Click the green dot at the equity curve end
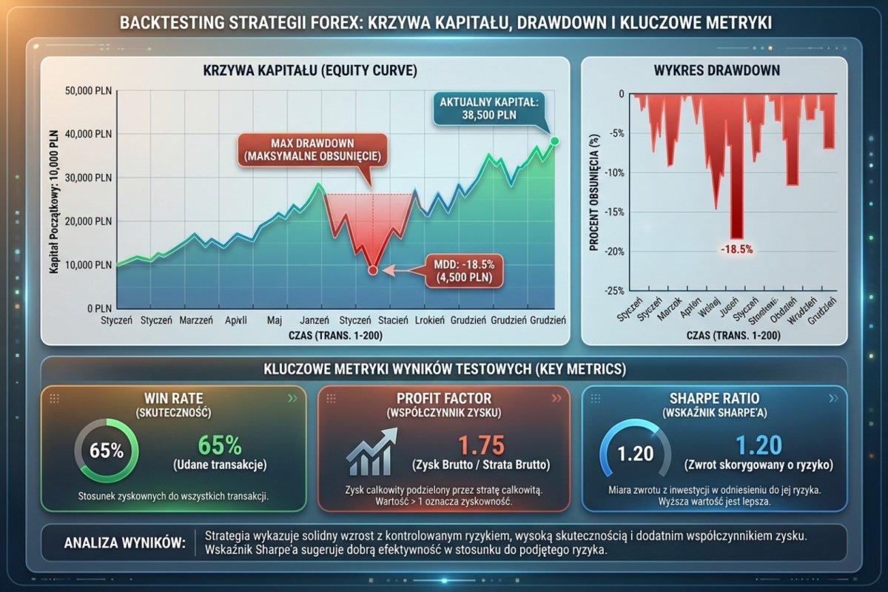pyautogui.click(x=555, y=141)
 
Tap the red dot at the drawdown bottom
pyautogui.click(x=372, y=271)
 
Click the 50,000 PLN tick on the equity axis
pyautogui.click(x=87, y=91)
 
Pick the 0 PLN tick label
pyautogui.click(x=96, y=308)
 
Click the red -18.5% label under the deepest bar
pyautogui.click(x=736, y=249)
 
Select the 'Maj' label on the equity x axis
pyautogui.click(x=275, y=321)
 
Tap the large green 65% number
pyautogui.click(x=221, y=445)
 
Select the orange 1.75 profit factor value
pyautogui.click(x=482, y=445)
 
